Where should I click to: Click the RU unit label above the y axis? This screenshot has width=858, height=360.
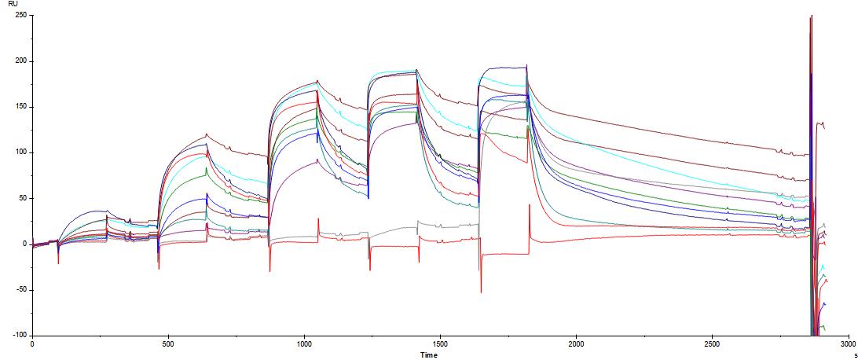pyautogui.click(x=13, y=5)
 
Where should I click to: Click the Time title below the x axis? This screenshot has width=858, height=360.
pyautogui.click(x=428, y=354)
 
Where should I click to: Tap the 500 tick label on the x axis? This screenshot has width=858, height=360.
pyautogui.click(x=168, y=344)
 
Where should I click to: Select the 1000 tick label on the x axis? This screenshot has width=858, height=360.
pyautogui.click(x=304, y=344)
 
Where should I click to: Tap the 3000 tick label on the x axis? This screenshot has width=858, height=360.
pyautogui.click(x=847, y=344)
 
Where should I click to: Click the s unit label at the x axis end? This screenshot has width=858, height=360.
pyautogui.click(x=855, y=355)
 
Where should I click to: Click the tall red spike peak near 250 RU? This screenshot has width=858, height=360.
pyautogui.click(x=812, y=17)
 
